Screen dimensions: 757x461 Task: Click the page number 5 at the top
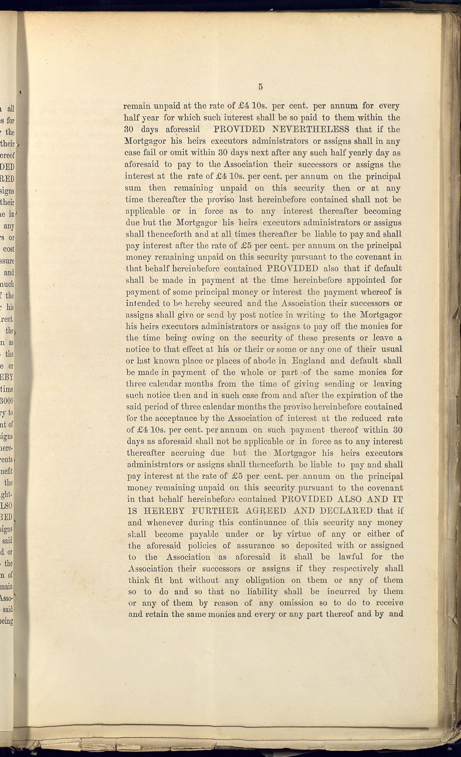click(x=260, y=87)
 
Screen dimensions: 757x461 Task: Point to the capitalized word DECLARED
click(x=346, y=511)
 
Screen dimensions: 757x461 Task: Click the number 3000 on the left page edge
click(x=7, y=401)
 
